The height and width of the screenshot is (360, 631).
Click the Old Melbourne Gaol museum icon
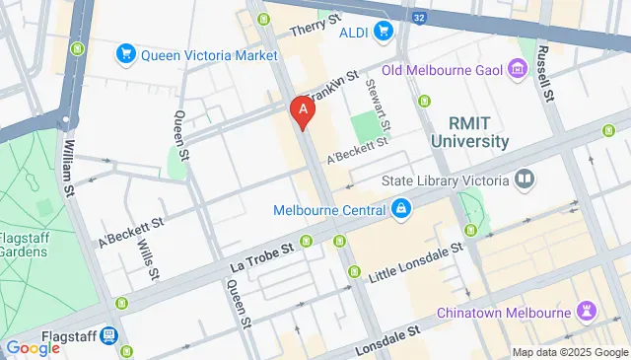[x=518, y=69]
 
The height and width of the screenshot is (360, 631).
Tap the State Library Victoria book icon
[x=525, y=180]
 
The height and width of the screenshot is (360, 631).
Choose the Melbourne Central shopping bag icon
[x=401, y=209]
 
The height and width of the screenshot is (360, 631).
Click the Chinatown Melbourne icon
[x=589, y=312]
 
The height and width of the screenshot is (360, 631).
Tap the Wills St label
[x=148, y=257]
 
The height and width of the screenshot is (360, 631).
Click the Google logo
[x=33, y=348]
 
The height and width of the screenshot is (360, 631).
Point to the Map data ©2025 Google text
[x=569, y=352]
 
